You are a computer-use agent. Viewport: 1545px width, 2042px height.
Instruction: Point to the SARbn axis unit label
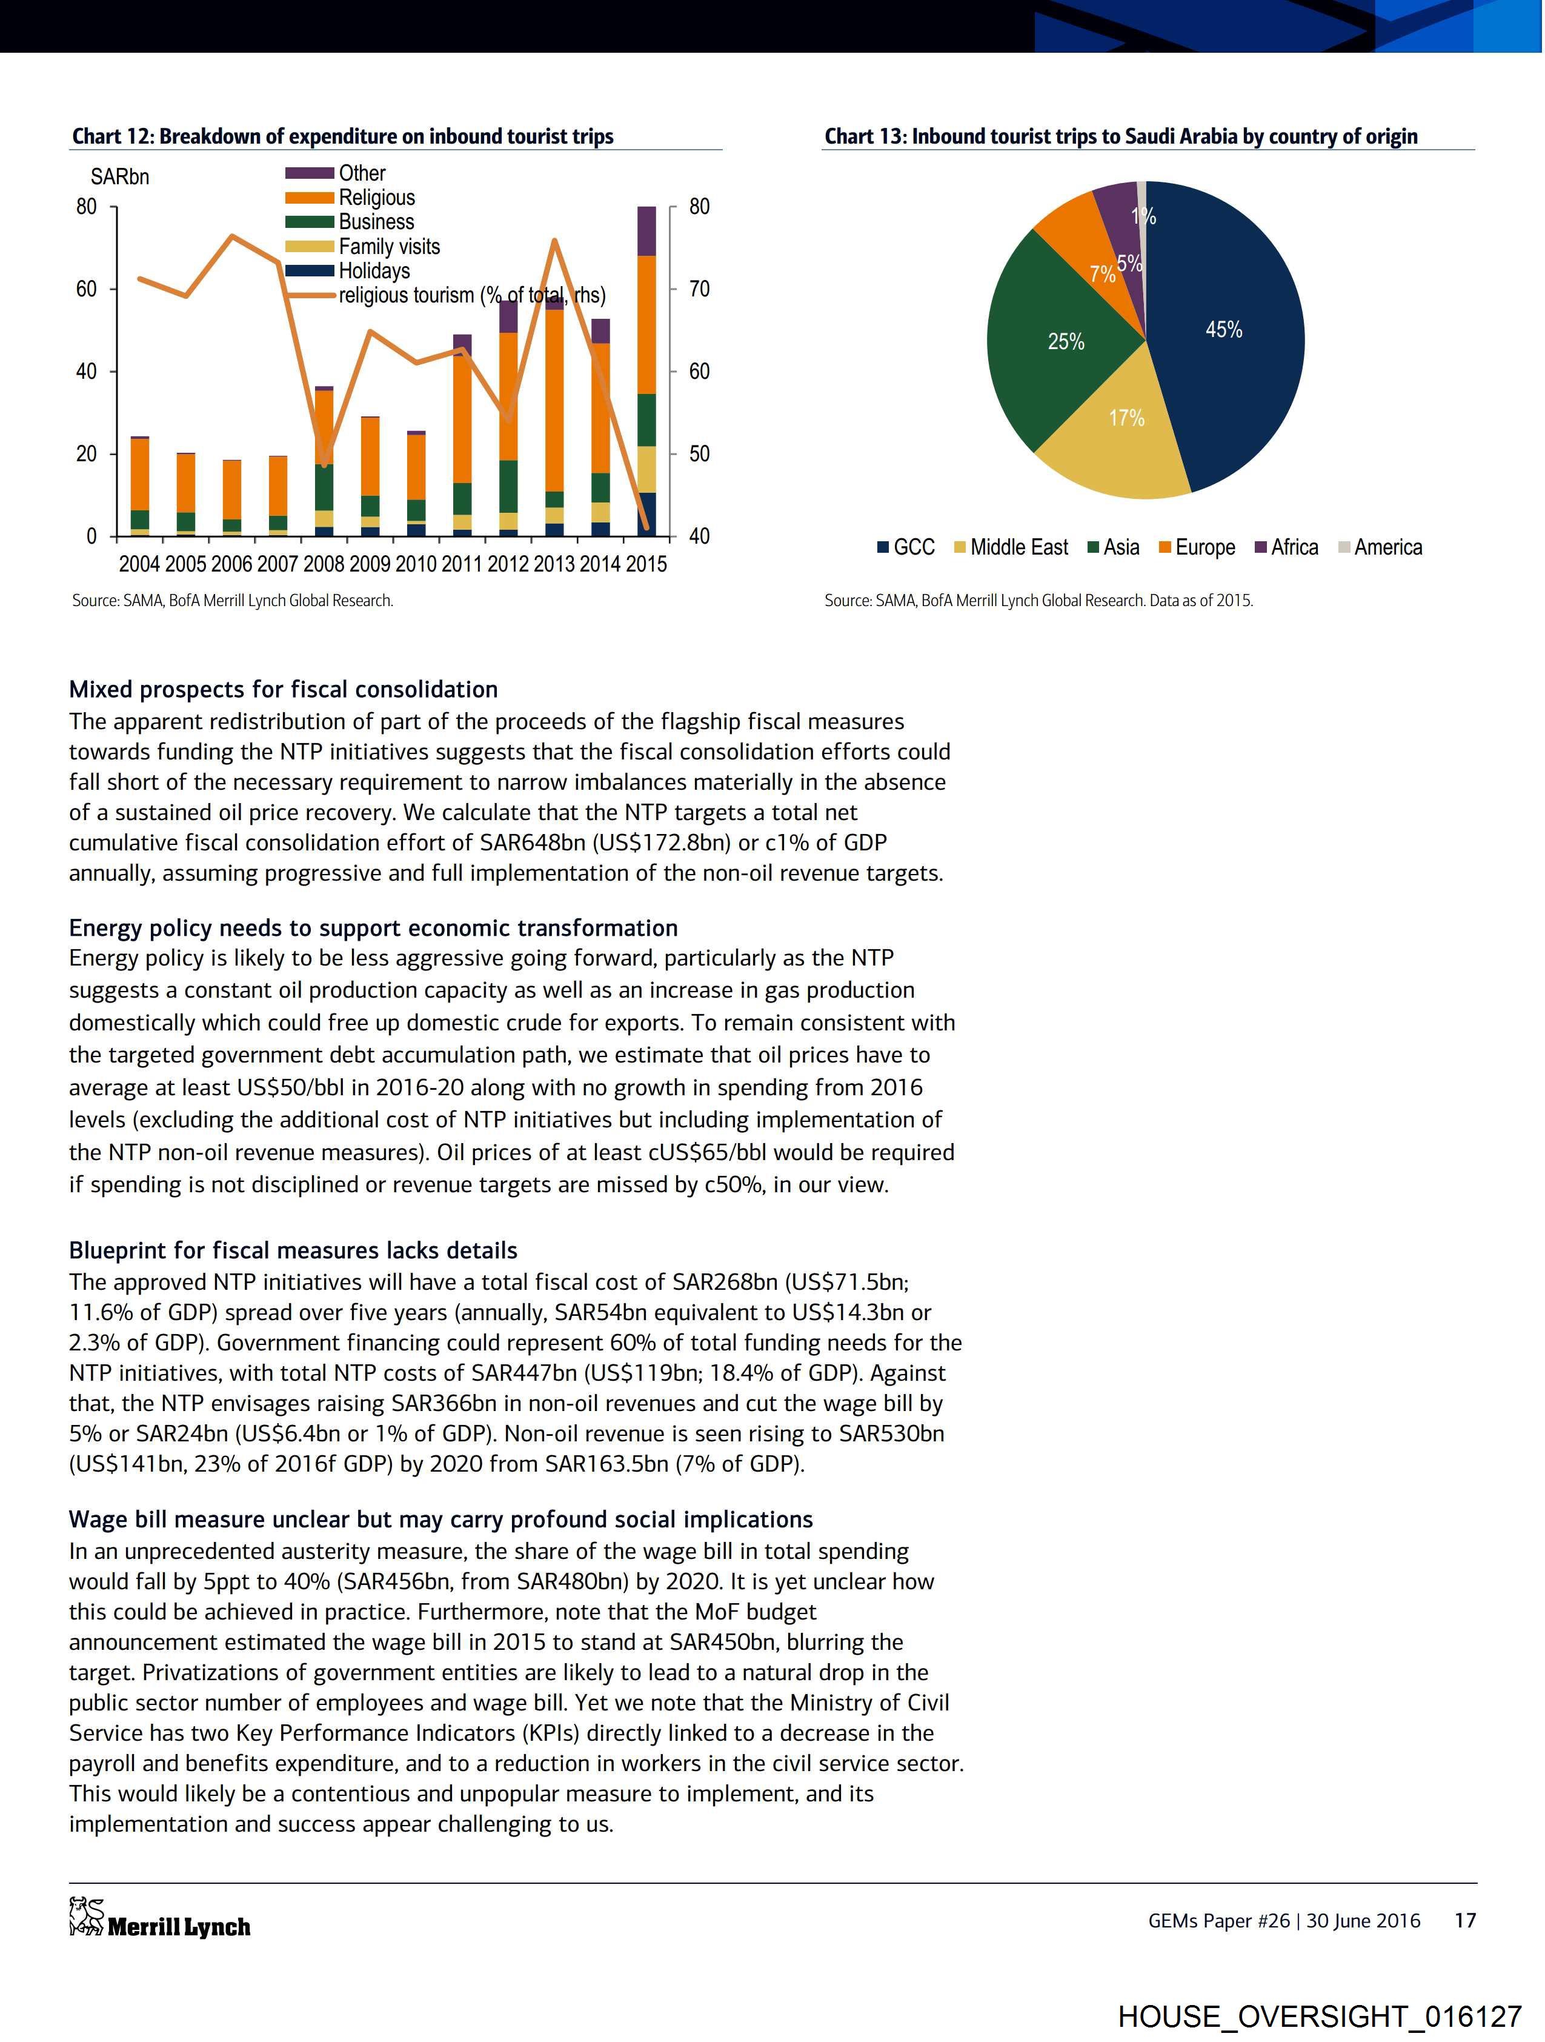pos(119,176)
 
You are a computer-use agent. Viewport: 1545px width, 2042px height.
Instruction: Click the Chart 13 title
pos(1120,136)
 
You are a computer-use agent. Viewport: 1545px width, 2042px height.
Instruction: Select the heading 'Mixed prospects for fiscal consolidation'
pos(284,690)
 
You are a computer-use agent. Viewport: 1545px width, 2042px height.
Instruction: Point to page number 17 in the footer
pos(1464,1920)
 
